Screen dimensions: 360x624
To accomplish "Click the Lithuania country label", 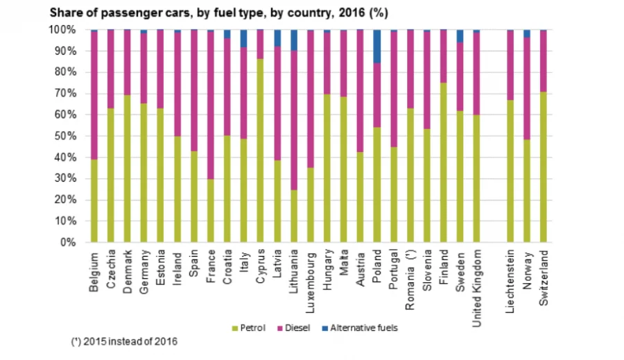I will [x=294, y=271].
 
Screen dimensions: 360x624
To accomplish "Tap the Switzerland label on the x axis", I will [x=544, y=273].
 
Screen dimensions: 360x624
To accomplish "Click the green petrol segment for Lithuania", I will [x=294, y=216].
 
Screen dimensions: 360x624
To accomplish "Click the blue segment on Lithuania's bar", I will [x=294, y=40].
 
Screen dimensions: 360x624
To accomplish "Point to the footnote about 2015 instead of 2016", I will [x=125, y=342].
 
